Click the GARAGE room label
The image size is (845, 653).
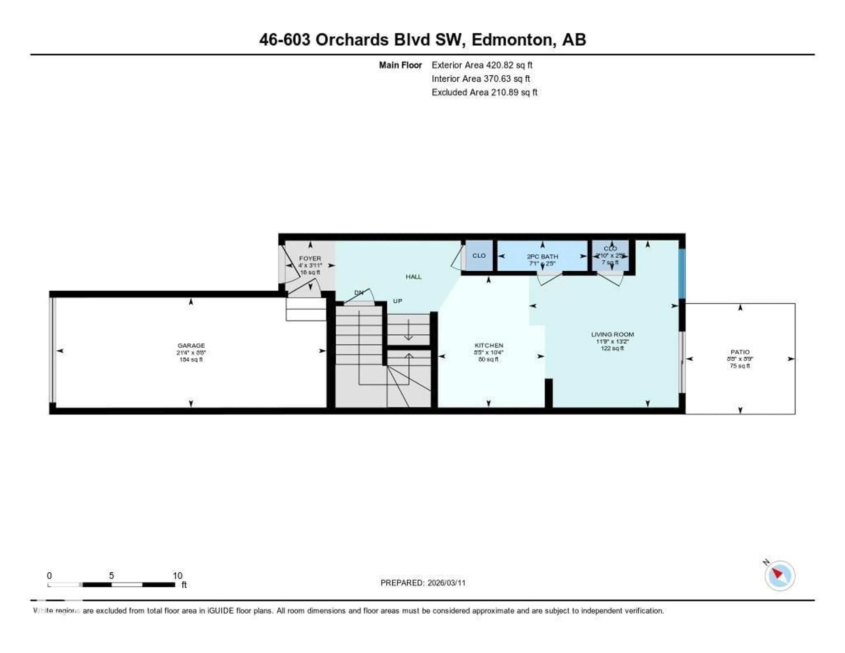(x=191, y=345)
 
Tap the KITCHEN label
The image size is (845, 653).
(x=489, y=345)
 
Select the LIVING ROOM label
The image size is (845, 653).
(x=612, y=334)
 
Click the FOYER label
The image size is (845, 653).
(x=310, y=258)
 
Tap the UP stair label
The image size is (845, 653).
(x=397, y=301)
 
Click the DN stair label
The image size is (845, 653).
(x=359, y=293)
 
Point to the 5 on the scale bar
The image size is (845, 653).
(x=111, y=576)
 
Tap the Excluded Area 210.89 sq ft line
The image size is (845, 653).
(x=484, y=92)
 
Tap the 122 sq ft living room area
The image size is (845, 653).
(x=612, y=348)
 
